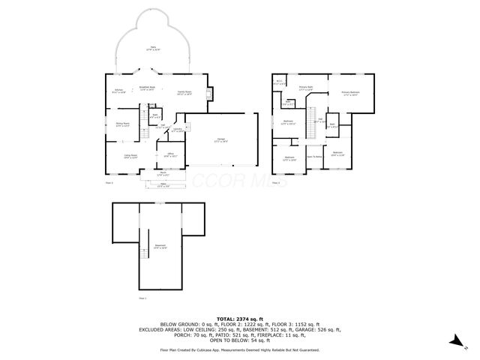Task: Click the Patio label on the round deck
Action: point(154,48)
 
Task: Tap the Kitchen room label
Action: point(118,91)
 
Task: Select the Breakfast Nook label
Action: point(148,88)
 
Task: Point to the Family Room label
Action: point(184,92)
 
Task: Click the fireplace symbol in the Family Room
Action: point(209,92)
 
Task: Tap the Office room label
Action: point(170,155)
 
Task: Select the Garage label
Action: point(221,140)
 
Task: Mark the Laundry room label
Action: point(178,130)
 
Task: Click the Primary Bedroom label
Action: point(350,93)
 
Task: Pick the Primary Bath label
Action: point(306,88)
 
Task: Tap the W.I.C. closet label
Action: point(279,82)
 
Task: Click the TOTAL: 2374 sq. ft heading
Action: point(239,319)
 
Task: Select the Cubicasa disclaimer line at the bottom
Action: point(239,349)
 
